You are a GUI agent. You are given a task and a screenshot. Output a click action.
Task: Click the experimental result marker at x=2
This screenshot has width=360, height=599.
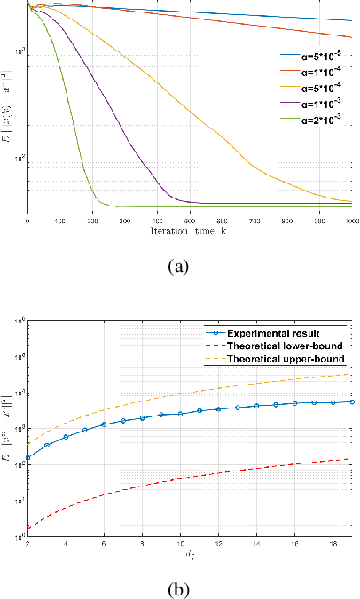(27, 458)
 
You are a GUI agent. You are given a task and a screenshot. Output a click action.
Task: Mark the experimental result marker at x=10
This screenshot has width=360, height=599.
(180, 414)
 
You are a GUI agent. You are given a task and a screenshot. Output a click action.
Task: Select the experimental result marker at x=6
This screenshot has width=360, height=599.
(104, 424)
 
